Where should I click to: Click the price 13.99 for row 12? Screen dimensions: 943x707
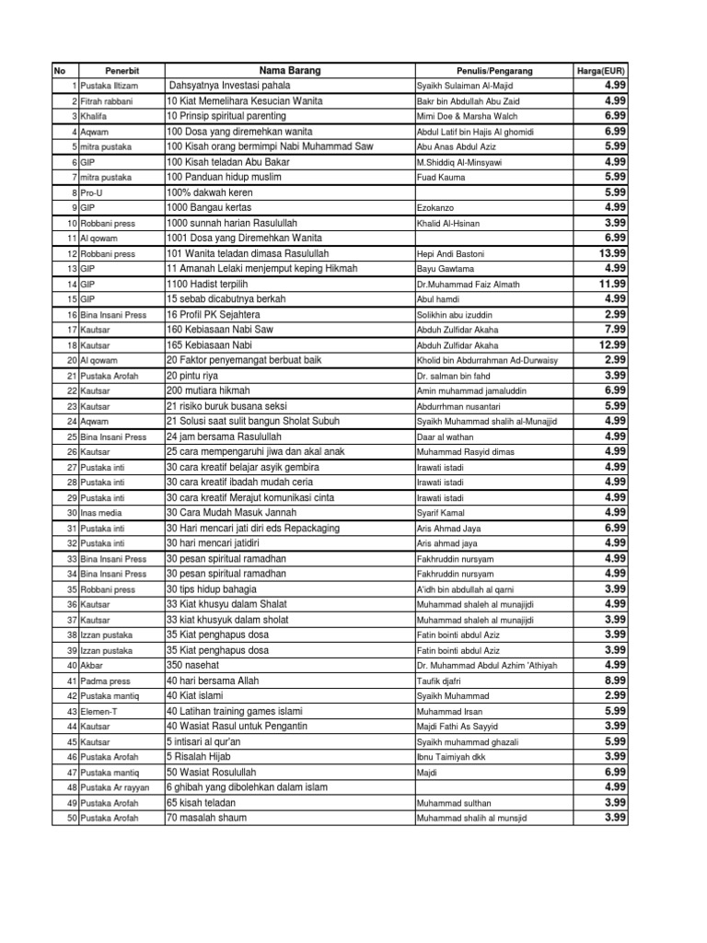[612, 253]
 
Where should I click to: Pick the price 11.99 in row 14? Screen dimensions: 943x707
[612, 284]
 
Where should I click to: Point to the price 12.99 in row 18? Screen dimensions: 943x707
[612, 344]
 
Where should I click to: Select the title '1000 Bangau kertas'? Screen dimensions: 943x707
[209, 208]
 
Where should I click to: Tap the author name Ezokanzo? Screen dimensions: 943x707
[436, 208]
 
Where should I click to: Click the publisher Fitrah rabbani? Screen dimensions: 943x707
[106, 101]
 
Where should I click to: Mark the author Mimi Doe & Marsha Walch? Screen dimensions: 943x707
[469, 117]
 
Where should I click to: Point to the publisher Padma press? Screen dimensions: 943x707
[104, 681]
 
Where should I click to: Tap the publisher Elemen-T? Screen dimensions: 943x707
[99, 711]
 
